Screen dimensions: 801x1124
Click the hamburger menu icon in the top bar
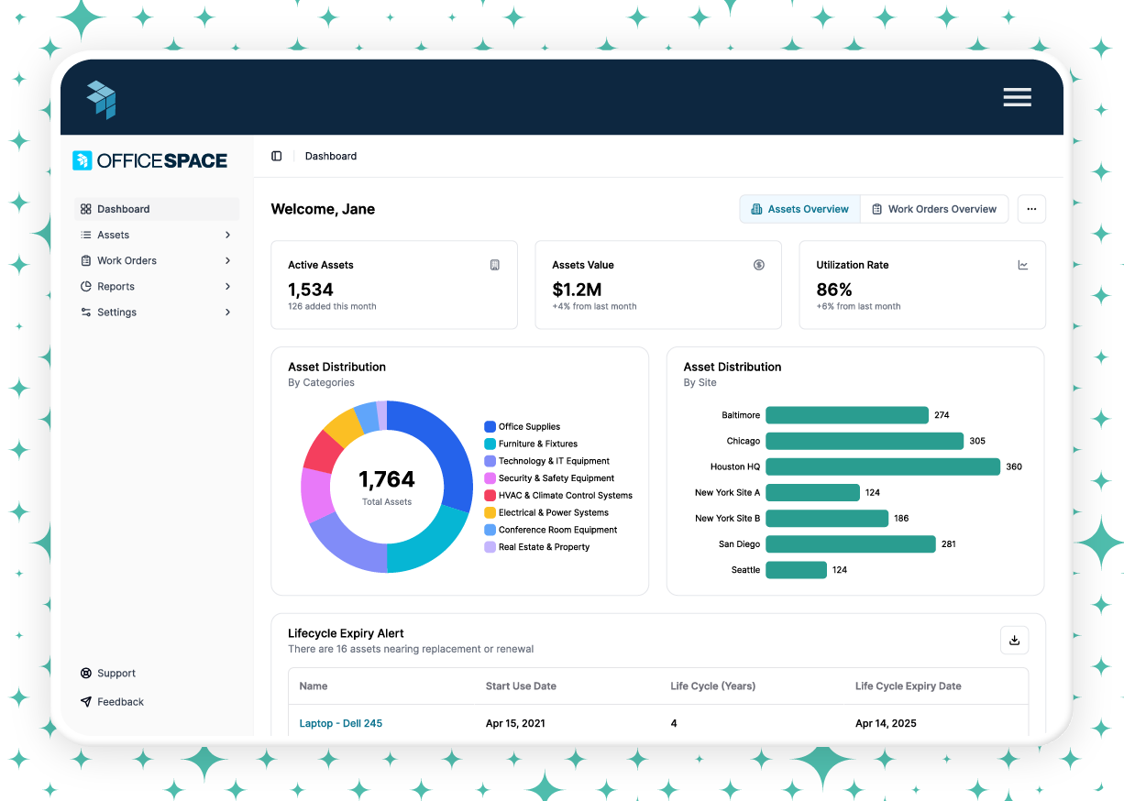tap(1017, 97)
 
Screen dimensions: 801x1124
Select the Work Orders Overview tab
tap(933, 209)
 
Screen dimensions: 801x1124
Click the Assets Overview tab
tap(799, 209)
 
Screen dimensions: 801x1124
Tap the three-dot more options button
tap(1031, 209)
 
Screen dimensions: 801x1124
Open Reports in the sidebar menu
tap(116, 287)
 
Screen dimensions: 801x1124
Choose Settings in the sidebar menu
tap(116, 313)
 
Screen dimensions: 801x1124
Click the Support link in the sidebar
tap(116, 674)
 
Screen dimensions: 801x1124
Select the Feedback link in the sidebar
tap(120, 702)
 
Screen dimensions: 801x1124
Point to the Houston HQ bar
tap(882, 466)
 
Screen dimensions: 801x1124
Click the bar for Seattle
tap(796, 570)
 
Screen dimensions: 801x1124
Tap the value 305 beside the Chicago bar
tap(977, 441)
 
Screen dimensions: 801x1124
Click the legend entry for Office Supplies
tap(528, 427)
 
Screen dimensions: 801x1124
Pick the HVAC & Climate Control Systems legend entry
tap(564, 496)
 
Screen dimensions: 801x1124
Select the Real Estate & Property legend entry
tap(543, 547)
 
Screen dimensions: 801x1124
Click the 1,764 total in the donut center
tap(386, 479)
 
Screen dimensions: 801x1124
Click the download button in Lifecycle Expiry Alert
tap(1014, 641)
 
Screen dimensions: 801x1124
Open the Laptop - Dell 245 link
tap(341, 723)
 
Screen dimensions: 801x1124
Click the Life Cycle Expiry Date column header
tap(908, 686)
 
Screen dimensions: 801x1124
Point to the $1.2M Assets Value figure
tap(577, 290)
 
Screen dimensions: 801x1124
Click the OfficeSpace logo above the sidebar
tap(150, 161)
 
